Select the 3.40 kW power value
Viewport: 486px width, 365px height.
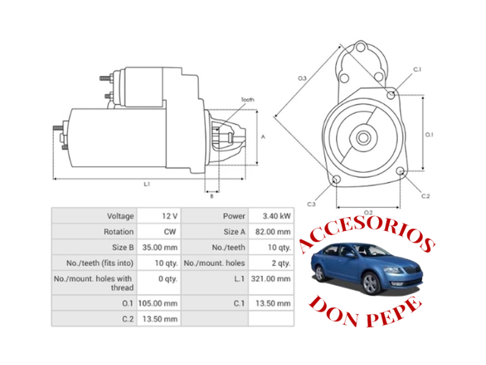(x=276, y=216)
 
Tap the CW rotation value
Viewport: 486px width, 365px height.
(x=170, y=232)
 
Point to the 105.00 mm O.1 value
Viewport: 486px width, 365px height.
(x=159, y=302)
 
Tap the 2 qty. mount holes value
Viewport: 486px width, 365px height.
(x=280, y=263)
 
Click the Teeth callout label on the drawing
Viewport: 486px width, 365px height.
(x=247, y=99)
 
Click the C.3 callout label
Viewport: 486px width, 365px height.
(x=311, y=204)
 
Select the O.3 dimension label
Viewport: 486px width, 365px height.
(x=301, y=78)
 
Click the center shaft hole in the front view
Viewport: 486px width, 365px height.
(x=363, y=137)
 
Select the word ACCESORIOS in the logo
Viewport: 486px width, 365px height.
(x=364, y=234)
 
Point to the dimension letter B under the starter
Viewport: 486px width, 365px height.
(x=211, y=196)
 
